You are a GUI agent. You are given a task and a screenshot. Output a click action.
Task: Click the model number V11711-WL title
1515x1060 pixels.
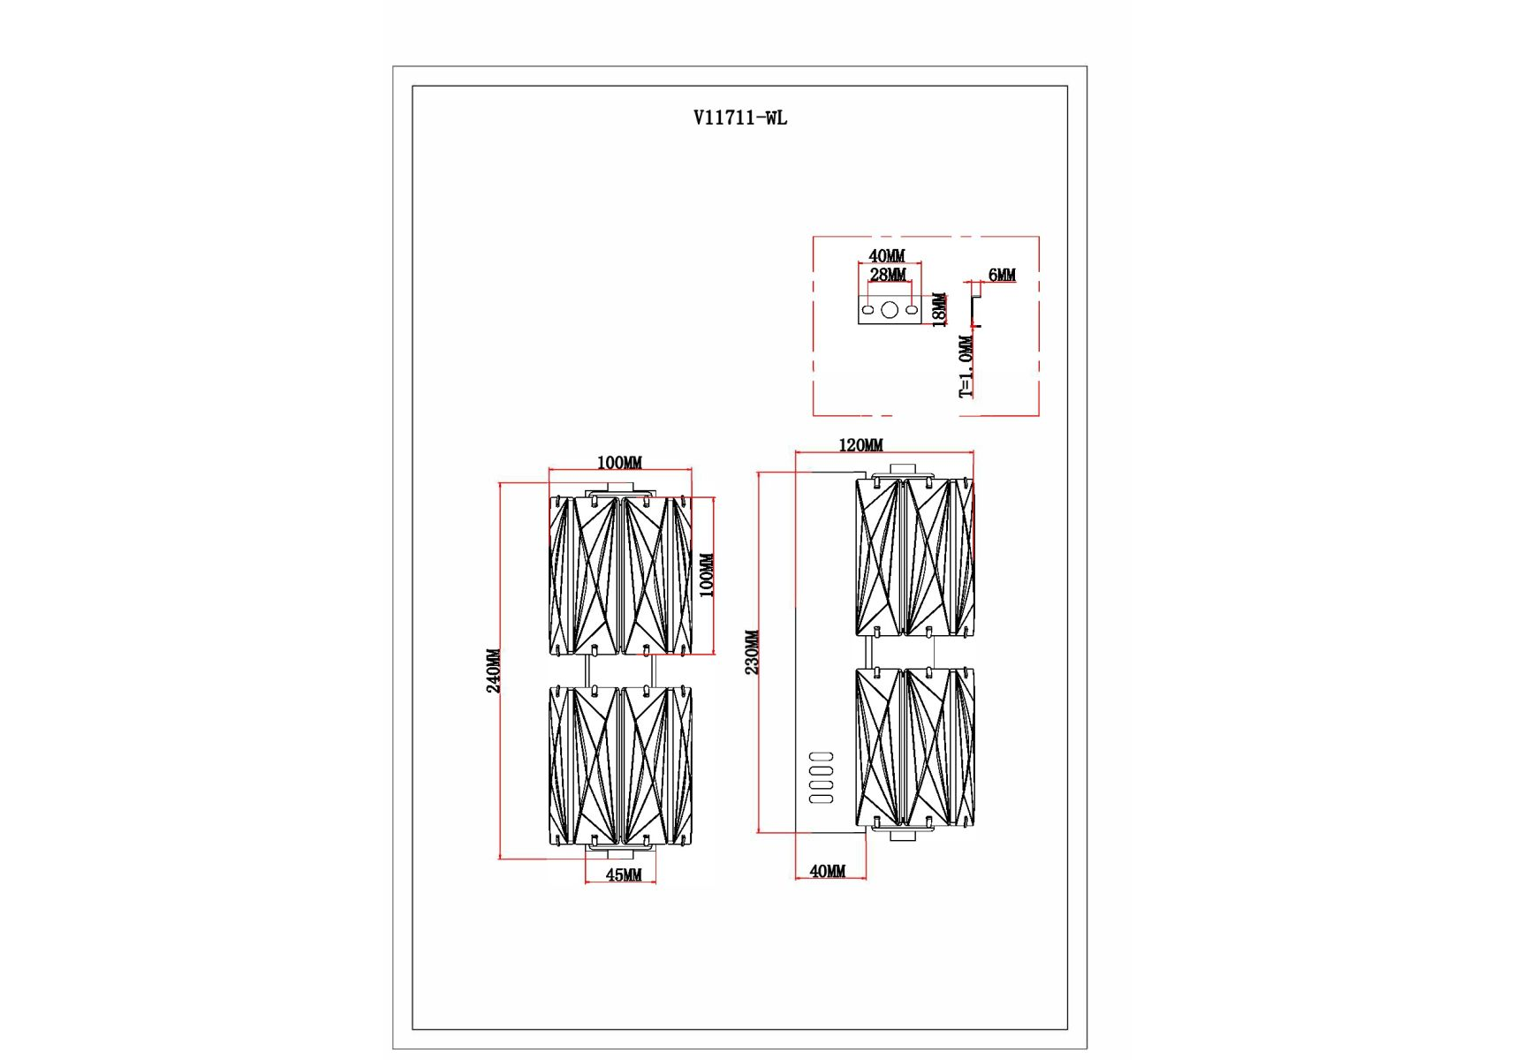point(739,117)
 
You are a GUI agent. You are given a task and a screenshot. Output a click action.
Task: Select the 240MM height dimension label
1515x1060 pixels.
point(494,670)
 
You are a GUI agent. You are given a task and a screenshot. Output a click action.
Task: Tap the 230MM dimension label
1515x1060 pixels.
point(752,652)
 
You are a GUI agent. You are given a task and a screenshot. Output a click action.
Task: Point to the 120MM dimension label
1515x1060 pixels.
point(860,445)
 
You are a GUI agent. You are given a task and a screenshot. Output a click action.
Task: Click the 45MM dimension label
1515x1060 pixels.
point(624,874)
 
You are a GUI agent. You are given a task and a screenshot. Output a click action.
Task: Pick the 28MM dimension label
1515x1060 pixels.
point(888,275)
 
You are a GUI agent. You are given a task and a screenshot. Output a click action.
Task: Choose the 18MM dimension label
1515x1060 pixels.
point(940,309)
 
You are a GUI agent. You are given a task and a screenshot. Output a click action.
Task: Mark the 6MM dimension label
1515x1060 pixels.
point(1002,275)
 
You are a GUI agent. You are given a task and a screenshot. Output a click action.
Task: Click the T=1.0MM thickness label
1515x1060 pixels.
point(966,367)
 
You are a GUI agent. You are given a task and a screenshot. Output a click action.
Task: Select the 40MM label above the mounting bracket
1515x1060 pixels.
point(887,256)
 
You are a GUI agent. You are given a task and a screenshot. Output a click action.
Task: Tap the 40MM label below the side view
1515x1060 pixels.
point(827,871)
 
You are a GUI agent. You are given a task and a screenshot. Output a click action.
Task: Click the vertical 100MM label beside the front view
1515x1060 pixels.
point(707,575)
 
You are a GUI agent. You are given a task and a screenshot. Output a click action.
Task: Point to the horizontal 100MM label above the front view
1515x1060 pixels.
point(619,463)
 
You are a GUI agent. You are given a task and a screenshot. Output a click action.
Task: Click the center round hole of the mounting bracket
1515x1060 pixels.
point(890,310)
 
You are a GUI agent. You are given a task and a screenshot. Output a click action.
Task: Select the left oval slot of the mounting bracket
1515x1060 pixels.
point(868,310)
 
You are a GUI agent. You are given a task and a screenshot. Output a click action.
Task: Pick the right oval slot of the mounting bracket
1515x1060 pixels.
point(912,310)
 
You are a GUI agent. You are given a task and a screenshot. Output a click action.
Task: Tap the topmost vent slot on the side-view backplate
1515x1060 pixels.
point(822,756)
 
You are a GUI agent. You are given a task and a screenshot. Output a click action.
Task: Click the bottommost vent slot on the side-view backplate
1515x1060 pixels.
point(822,799)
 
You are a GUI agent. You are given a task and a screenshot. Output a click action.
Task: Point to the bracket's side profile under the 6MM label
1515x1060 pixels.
point(975,309)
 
